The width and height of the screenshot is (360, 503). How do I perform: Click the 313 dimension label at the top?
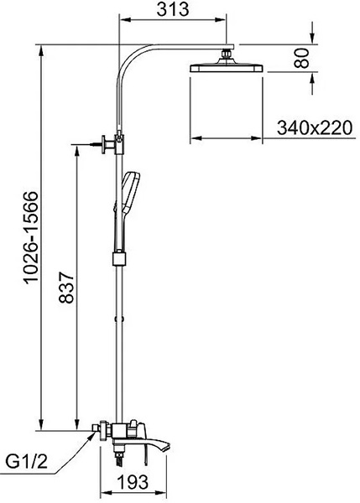173,9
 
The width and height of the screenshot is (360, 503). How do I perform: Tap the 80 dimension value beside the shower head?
302,58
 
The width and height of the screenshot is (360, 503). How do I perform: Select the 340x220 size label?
315,127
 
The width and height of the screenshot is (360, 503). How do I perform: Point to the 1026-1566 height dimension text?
32,237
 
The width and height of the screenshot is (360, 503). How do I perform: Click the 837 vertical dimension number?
66,288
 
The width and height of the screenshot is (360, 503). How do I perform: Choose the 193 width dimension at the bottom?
133,481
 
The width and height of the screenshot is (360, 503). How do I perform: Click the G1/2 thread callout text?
27,462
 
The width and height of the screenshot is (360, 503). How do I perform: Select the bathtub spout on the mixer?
154,446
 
